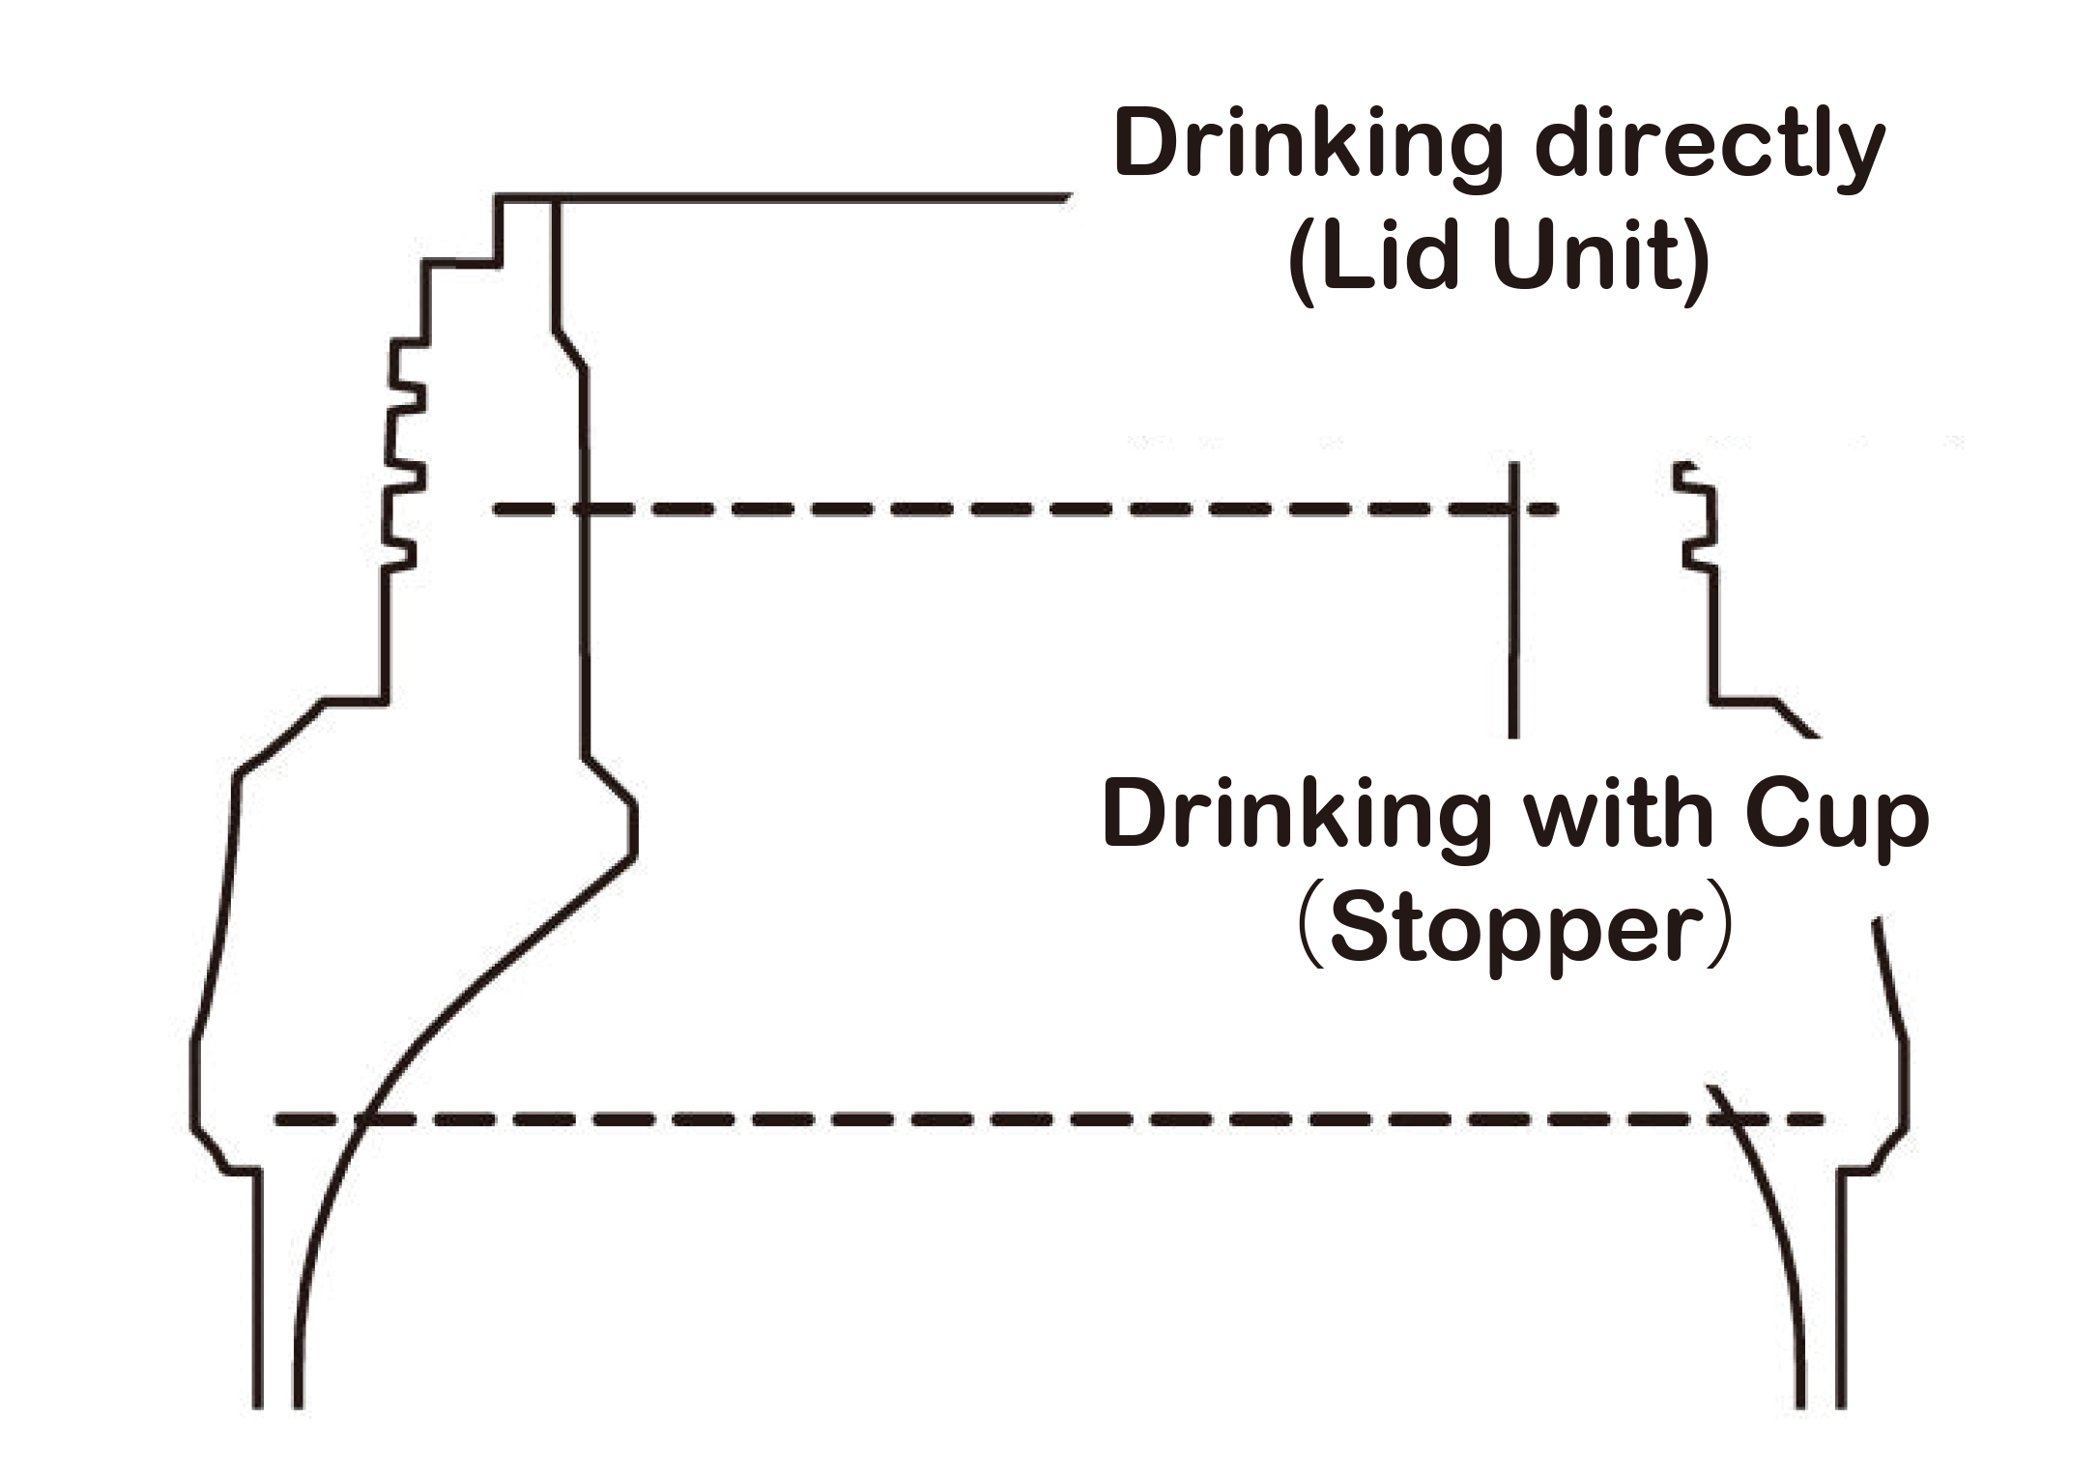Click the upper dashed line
(966, 508)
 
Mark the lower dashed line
(966, 1120)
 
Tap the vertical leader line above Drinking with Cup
(1513, 628)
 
